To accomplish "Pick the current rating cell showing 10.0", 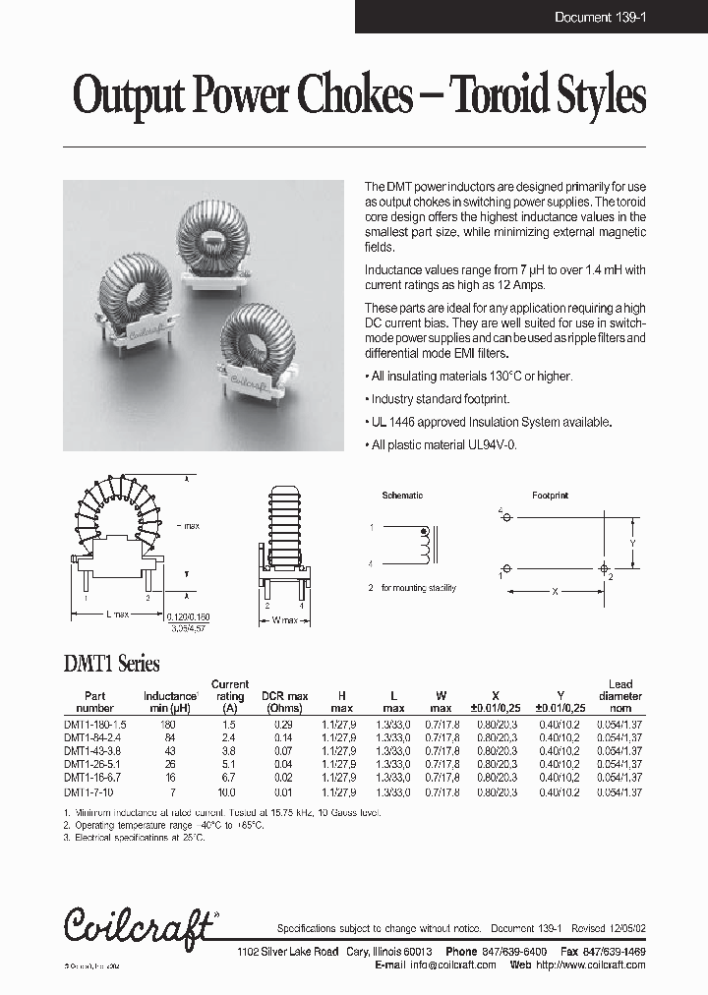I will coord(230,791).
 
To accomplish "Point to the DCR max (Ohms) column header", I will coord(285,702).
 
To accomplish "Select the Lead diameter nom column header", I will coord(620,696).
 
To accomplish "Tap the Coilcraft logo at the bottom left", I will coord(139,925).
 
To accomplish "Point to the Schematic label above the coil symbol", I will coord(402,496).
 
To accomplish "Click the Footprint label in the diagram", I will coord(550,496).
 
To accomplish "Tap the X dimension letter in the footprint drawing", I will coord(556,593).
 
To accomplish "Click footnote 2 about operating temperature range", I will coord(163,825).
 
